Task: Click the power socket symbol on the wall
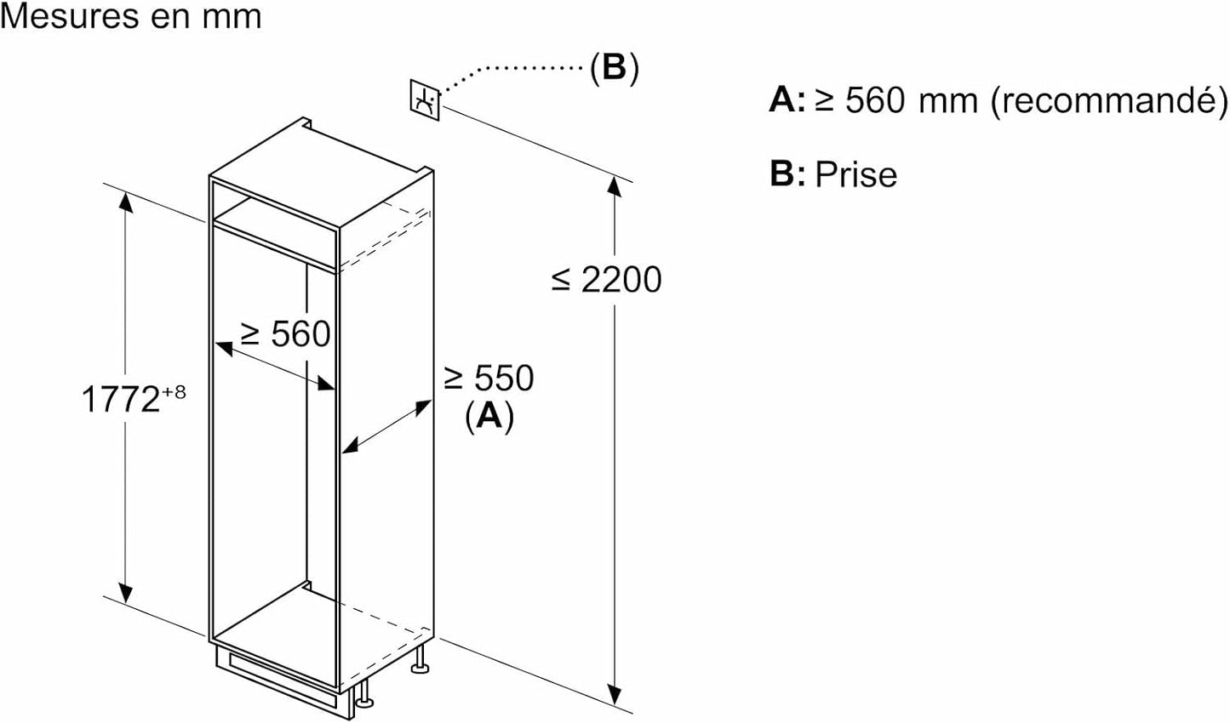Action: (425, 100)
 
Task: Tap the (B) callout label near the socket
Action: (615, 68)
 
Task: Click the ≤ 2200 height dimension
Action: (606, 280)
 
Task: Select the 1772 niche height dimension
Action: (120, 399)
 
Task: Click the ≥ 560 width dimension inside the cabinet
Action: (285, 333)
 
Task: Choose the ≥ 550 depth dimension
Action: (489, 378)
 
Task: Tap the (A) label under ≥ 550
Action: (489, 417)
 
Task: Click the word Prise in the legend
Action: (856, 174)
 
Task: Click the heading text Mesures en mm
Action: (131, 16)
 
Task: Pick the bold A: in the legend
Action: (787, 100)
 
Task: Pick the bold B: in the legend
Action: (787, 174)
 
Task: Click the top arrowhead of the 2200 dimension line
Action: (615, 185)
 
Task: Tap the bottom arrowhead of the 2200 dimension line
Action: (615, 694)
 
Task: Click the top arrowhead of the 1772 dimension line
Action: (126, 201)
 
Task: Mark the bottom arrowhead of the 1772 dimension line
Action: (126, 593)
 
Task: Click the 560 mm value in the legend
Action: (911, 100)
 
